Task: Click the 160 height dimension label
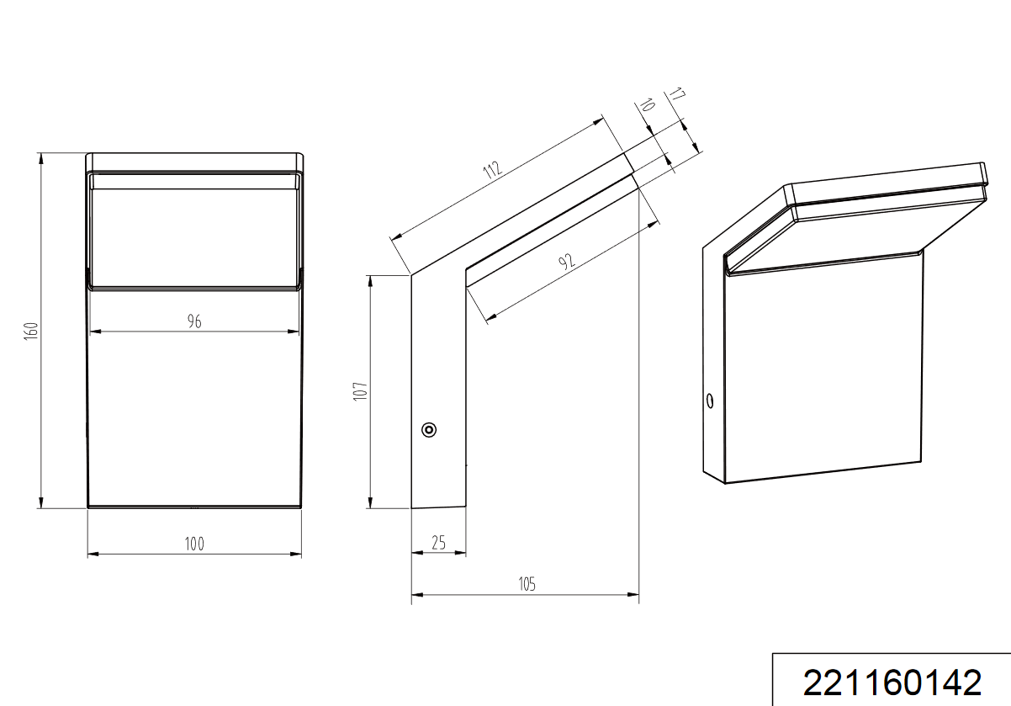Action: [32, 332]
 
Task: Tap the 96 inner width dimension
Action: [194, 321]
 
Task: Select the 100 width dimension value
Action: [194, 544]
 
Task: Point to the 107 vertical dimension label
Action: [360, 391]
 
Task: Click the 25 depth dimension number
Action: [439, 543]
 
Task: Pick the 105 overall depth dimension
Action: [527, 584]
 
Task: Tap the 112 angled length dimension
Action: [492, 170]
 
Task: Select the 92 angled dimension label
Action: [567, 261]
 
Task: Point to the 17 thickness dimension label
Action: [677, 94]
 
